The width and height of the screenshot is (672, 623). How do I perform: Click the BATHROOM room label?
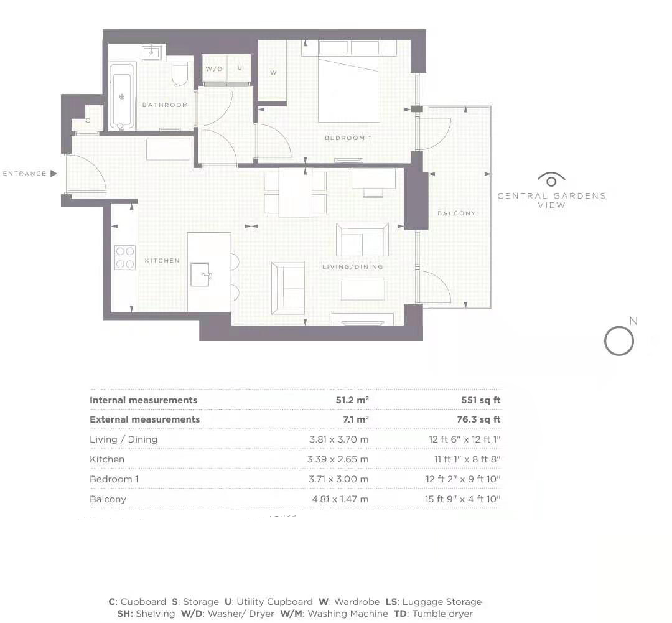[x=165, y=105]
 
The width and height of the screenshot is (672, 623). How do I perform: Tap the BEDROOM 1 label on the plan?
[x=348, y=138]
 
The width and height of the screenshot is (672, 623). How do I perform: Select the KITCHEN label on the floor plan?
[x=162, y=261]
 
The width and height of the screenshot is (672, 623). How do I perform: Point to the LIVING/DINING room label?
[x=353, y=267]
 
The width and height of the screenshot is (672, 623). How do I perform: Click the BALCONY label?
[x=457, y=213]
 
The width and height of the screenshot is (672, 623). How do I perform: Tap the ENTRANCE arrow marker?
[x=54, y=173]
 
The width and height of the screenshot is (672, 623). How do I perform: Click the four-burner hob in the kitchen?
[x=124, y=258]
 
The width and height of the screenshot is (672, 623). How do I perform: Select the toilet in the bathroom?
[x=180, y=73]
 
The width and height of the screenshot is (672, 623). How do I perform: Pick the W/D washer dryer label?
[x=214, y=69]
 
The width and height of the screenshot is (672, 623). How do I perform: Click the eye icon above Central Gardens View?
[x=551, y=179]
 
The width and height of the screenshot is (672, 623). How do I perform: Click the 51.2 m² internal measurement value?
[x=352, y=400]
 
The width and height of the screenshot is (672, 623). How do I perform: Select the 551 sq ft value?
[x=481, y=400]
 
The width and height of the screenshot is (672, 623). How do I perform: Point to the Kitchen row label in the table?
[x=107, y=459]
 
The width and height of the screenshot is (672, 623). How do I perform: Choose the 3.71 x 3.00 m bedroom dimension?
[x=338, y=479]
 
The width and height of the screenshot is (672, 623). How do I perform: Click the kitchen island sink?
[x=200, y=274]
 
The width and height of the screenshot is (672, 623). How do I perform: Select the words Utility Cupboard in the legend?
[x=275, y=602]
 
